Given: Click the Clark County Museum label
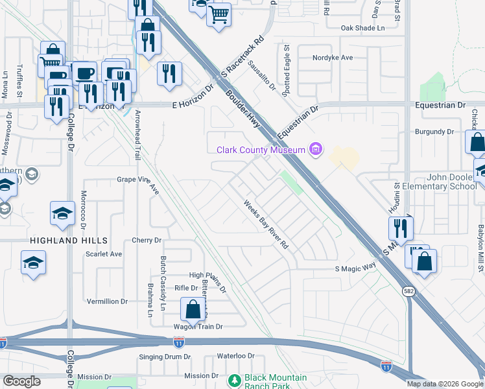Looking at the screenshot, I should [x=260, y=150].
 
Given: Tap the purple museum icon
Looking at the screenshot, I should [x=315, y=150].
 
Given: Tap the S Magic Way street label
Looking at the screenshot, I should [x=355, y=268].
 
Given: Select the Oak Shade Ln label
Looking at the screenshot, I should [x=363, y=28].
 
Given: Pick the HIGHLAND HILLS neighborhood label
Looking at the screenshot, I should [x=59, y=240].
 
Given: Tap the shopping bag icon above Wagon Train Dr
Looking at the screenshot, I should [x=193, y=309].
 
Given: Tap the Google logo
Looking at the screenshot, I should [x=21, y=381].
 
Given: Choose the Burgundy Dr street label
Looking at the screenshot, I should [x=433, y=132].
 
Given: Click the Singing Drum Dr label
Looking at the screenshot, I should [x=165, y=357].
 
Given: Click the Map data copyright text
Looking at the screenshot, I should [x=445, y=384].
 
